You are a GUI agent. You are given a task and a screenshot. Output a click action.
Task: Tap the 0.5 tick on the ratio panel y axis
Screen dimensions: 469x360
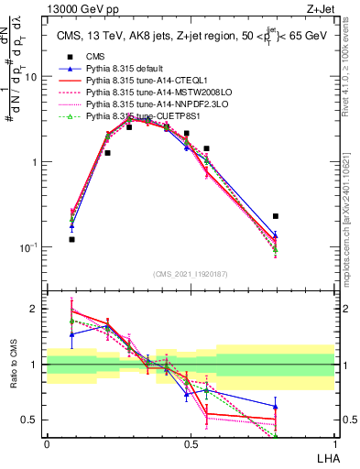(30, 420)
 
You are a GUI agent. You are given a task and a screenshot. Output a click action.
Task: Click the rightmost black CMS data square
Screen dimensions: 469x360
(276, 216)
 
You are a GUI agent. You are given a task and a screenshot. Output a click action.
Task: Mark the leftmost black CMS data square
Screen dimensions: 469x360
(71, 239)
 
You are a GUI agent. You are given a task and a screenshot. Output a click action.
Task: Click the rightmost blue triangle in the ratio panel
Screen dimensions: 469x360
(276, 407)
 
